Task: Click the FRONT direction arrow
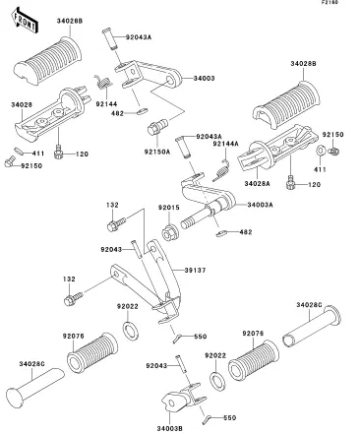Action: tap(25, 22)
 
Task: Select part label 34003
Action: tap(204, 79)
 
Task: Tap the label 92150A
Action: tap(157, 152)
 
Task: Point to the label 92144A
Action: tap(225, 144)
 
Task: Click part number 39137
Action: tap(195, 270)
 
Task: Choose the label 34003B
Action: tap(169, 429)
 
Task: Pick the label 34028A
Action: tap(257, 184)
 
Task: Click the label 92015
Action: tap(169, 208)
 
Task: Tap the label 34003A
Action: tap(260, 205)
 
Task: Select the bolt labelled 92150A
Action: tap(157, 127)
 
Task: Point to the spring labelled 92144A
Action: tap(222, 170)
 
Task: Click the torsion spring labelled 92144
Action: tap(103, 82)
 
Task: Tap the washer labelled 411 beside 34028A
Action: tap(320, 151)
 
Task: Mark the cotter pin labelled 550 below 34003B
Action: tap(208, 418)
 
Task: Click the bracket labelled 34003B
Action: tap(184, 398)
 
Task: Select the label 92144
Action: tap(106, 104)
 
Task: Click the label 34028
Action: tap(22, 105)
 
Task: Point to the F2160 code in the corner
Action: tap(330, 2)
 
